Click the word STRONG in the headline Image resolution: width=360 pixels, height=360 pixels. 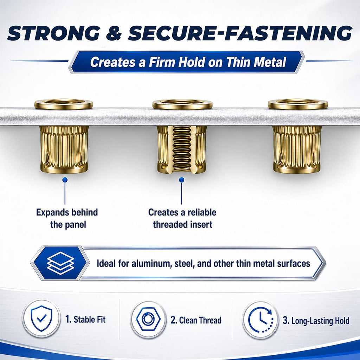pyautogui.click(x=54, y=33)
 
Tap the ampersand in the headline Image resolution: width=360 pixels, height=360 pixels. pyautogui.click(x=114, y=33)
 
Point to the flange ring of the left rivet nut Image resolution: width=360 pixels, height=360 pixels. pyautogui.click(x=64, y=108)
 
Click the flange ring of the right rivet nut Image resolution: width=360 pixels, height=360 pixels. pyautogui.click(x=298, y=108)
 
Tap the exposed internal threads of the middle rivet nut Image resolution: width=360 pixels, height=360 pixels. pyautogui.click(x=182, y=149)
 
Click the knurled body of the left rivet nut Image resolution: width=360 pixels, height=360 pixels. pyautogui.click(x=64, y=149)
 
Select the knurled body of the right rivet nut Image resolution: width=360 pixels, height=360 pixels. pyautogui.click(x=297, y=149)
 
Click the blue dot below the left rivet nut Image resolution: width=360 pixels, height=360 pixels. pyautogui.click(x=65, y=180)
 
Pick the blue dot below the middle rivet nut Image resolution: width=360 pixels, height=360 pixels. pyautogui.click(x=182, y=180)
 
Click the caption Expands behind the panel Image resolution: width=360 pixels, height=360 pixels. pyautogui.click(x=67, y=218)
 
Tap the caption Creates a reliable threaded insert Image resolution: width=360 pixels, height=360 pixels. pyautogui.click(x=182, y=218)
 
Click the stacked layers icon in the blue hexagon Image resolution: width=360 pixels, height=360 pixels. pyautogui.click(x=60, y=263)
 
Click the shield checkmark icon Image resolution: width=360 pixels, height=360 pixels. pyautogui.click(x=41, y=318)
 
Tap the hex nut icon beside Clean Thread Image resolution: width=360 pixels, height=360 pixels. pyautogui.click(x=148, y=319)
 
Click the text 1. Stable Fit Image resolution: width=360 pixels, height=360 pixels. pyautogui.click(x=85, y=319)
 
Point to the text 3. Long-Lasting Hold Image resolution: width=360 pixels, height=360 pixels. pyautogui.click(x=316, y=321)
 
